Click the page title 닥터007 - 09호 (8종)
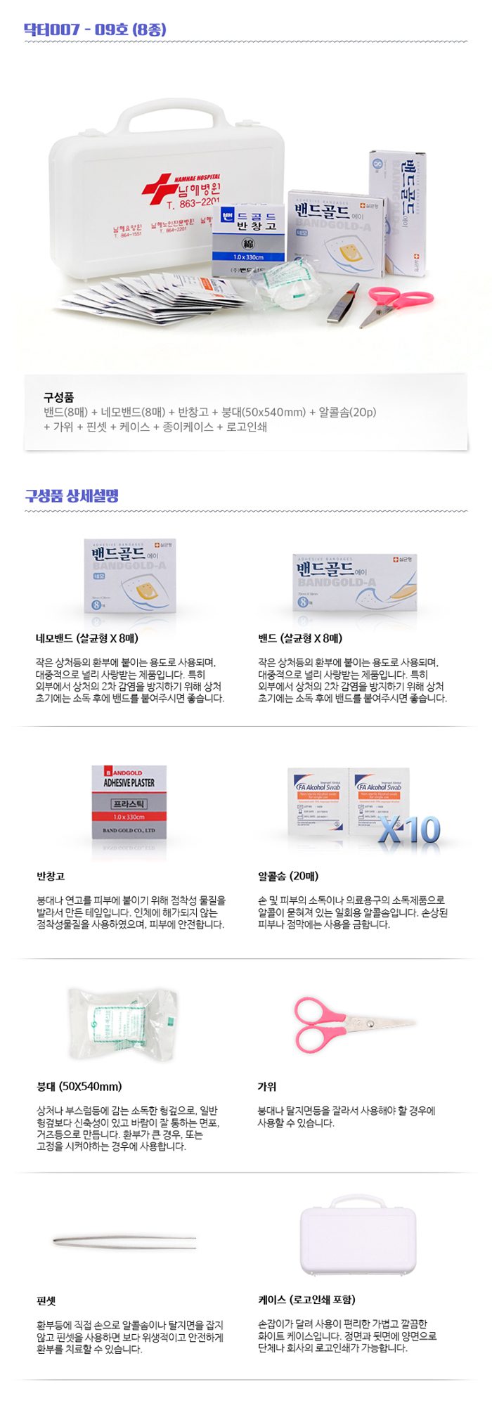click(x=95, y=29)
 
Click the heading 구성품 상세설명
click(x=72, y=496)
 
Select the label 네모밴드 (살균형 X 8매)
click(x=87, y=638)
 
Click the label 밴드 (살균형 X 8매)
click(x=300, y=638)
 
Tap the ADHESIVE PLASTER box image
click(x=129, y=801)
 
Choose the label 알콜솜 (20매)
click(x=288, y=876)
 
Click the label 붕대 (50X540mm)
click(x=79, y=1086)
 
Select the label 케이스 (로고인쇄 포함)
click(x=306, y=1300)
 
